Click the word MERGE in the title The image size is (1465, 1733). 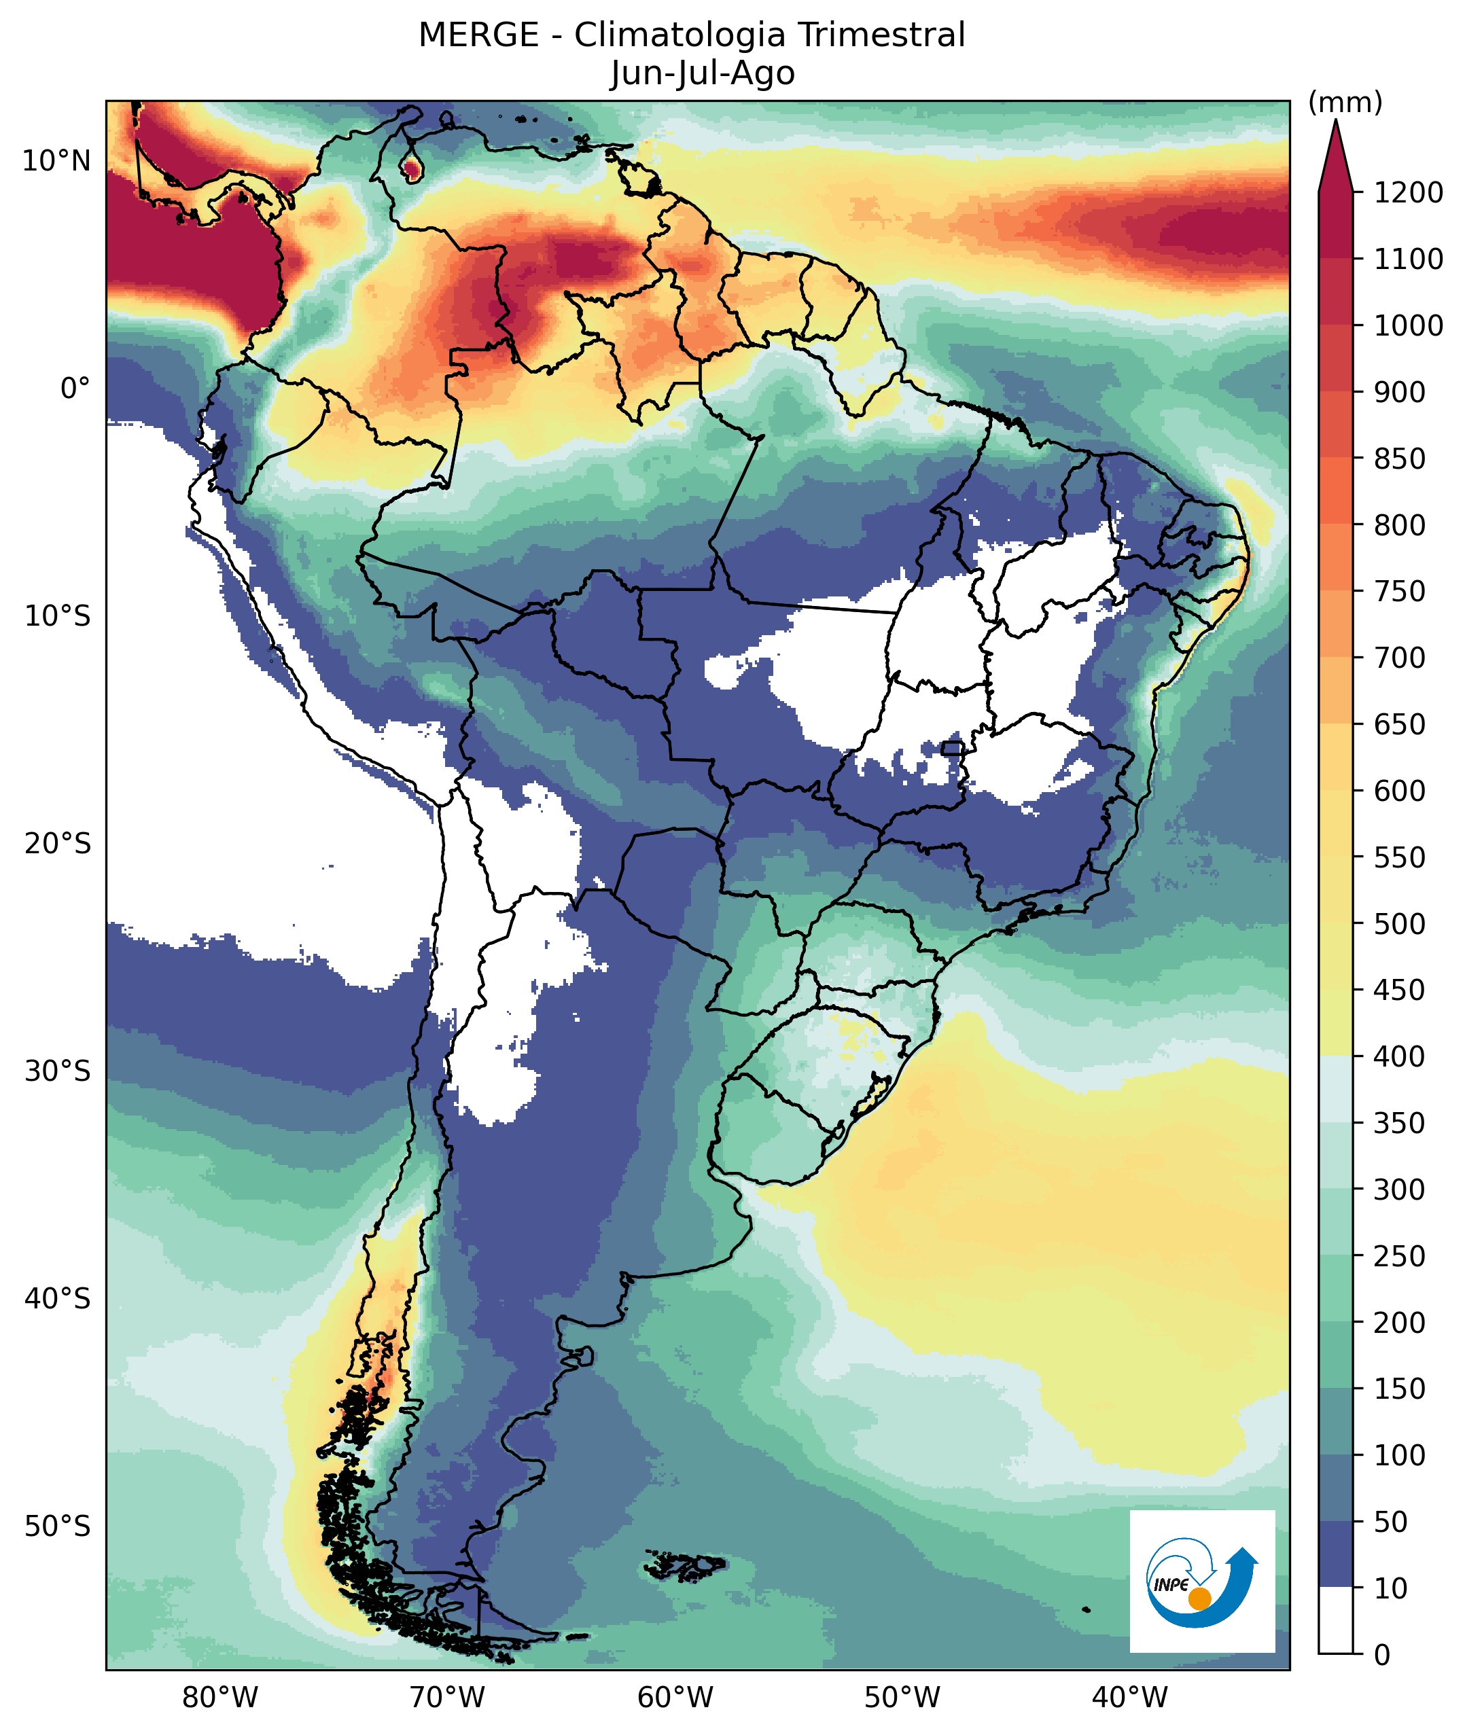click(478, 36)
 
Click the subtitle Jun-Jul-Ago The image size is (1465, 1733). click(703, 73)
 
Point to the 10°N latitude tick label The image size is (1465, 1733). click(56, 161)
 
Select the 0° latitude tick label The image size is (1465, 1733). click(75, 388)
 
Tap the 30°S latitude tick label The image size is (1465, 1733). click(56, 1072)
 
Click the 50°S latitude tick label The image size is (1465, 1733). click(56, 1526)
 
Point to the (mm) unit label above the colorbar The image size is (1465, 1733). click(1345, 103)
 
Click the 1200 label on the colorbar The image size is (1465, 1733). click(1408, 193)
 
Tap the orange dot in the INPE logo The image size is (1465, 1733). click(1199, 1598)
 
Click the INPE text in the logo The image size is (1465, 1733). click(1171, 1584)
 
